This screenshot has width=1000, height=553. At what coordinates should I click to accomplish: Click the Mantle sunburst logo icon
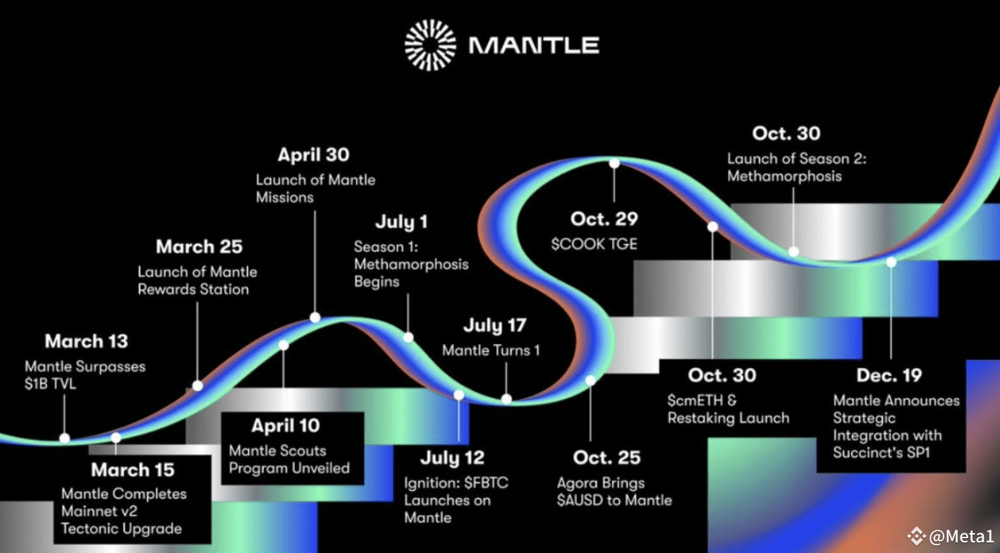(430, 45)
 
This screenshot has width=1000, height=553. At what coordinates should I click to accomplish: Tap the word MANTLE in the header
(534, 46)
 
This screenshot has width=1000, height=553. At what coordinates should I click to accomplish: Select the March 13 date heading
(86, 341)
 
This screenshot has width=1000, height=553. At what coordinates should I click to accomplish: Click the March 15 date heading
(133, 470)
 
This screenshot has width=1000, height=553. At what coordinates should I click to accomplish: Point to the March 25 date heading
(199, 247)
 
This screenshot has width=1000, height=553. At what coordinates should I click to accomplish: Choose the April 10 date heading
(286, 426)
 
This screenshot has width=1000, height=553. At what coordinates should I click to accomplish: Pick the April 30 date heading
(313, 155)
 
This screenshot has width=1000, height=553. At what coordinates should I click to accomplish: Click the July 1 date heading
(401, 222)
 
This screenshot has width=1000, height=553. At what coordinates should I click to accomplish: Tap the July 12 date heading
(452, 458)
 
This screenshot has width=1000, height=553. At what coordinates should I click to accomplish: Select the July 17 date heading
(495, 325)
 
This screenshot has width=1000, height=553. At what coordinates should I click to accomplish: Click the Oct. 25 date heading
(606, 458)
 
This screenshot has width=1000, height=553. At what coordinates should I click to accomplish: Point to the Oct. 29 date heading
(604, 219)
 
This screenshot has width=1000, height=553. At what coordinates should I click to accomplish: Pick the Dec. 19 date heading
(889, 376)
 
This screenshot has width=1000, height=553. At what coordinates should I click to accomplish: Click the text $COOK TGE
(594, 244)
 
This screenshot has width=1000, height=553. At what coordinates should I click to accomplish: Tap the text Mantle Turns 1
(491, 351)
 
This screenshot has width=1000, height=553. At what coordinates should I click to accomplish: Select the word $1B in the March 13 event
(35, 384)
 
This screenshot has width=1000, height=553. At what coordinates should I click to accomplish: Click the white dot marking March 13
(65, 438)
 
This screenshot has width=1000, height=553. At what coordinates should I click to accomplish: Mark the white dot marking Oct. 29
(614, 164)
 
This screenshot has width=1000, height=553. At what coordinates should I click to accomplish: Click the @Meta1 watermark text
(961, 536)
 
